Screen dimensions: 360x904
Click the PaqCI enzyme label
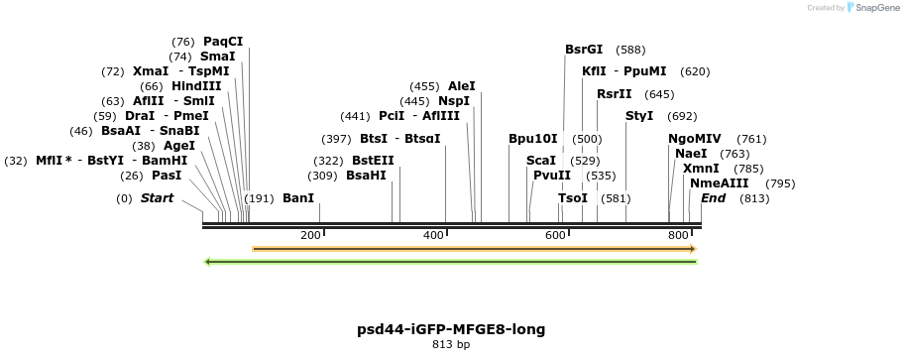tap(223, 42)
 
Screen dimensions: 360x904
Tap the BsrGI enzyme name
tap(584, 49)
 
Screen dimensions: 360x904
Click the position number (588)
tap(630, 50)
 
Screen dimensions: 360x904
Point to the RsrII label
tap(614, 94)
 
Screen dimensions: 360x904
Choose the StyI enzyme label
tap(639, 116)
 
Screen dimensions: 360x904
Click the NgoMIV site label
tap(695, 139)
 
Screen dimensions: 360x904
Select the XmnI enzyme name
tap(701, 169)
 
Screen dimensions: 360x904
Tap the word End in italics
tap(713, 198)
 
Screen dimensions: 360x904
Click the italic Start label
tap(157, 198)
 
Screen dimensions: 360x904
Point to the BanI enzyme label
tap(298, 198)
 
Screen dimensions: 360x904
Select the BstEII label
tap(373, 161)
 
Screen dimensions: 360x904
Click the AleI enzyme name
tap(462, 86)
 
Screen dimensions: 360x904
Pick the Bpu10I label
tap(533, 139)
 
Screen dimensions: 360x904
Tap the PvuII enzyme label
tap(552, 176)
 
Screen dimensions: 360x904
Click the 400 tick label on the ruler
tap(433, 235)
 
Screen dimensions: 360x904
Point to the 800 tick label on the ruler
tap(678, 235)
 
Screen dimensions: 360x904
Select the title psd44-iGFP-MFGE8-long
tap(451, 329)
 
